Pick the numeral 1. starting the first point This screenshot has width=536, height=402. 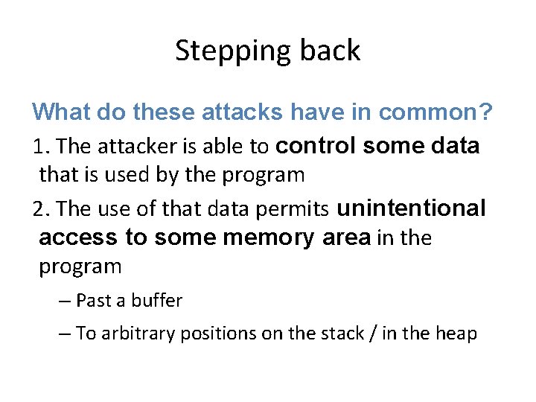[x=42, y=147]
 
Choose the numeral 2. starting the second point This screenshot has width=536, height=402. [x=42, y=209]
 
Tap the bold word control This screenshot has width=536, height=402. [x=317, y=146]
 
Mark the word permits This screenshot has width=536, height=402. [x=300, y=209]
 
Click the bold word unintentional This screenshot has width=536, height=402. [x=411, y=208]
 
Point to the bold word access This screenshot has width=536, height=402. [x=78, y=238]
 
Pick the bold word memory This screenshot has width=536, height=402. [x=269, y=238]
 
